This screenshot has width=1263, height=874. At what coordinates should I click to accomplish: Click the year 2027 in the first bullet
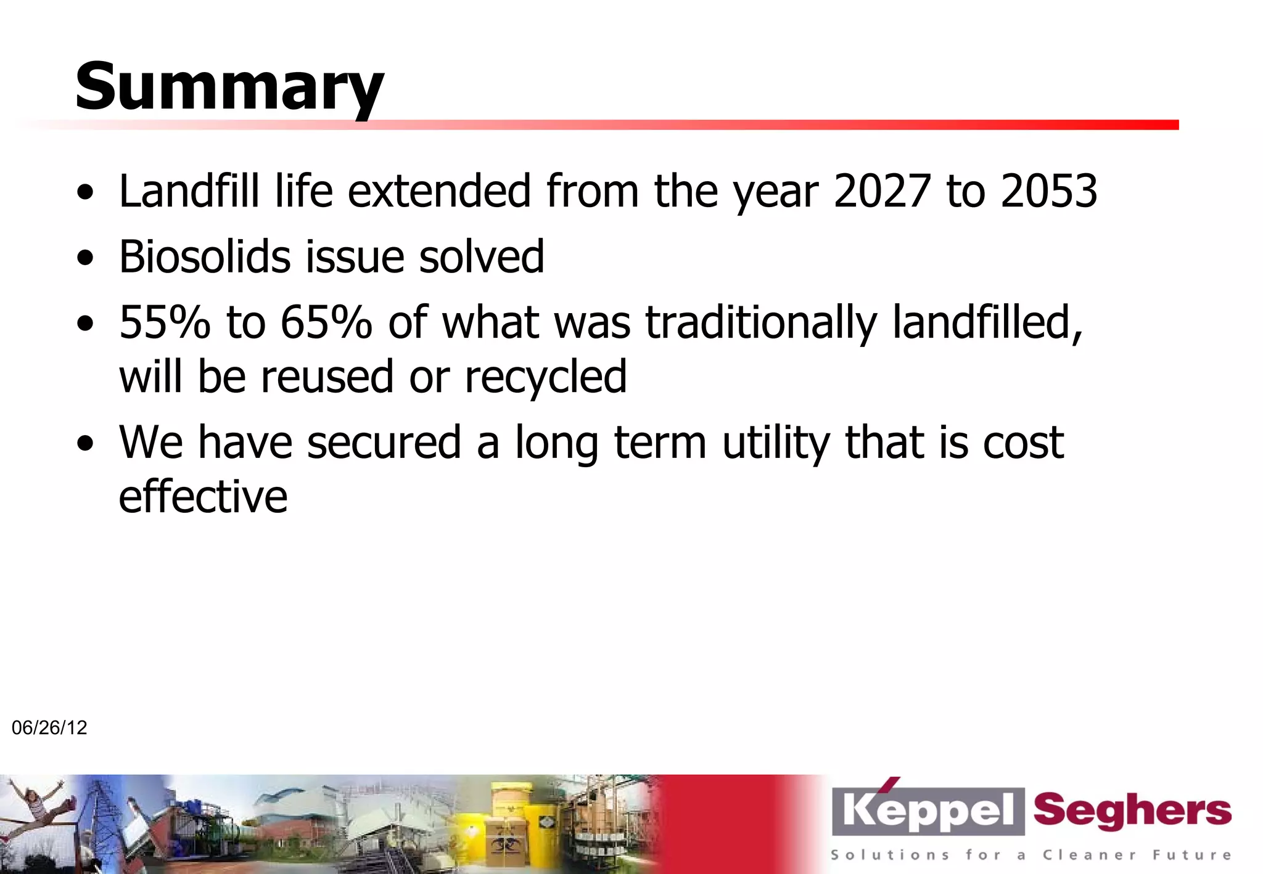881,191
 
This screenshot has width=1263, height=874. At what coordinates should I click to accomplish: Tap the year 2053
1048,191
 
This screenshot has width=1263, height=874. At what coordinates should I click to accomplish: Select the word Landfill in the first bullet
189,191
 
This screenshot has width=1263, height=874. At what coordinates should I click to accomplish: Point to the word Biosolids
204,256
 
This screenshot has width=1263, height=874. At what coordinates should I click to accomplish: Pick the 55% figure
164,322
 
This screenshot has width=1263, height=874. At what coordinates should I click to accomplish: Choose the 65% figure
326,322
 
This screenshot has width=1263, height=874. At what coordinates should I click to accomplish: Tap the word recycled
545,377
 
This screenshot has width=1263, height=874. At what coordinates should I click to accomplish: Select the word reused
327,377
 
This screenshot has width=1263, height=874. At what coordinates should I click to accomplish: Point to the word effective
203,497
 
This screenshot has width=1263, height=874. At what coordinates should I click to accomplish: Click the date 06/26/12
49,728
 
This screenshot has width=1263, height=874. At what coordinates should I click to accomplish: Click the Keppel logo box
928,811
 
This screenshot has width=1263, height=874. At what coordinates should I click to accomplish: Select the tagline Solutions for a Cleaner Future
1031,855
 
